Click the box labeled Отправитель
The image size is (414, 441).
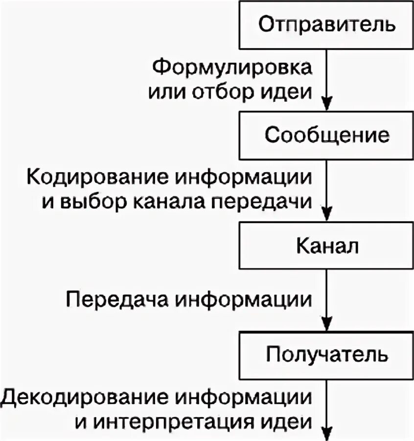pyautogui.click(x=326, y=24)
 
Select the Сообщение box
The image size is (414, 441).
pyautogui.click(x=326, y=135)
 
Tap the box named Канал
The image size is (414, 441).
pyautogui.click(x=326, y=245)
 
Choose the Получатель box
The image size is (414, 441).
pyautogui.click(x=326, y=355)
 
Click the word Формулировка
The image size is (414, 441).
pyautogui.click(x=232, y=67)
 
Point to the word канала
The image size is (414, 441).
pyautogui.click(x=163, y=202)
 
